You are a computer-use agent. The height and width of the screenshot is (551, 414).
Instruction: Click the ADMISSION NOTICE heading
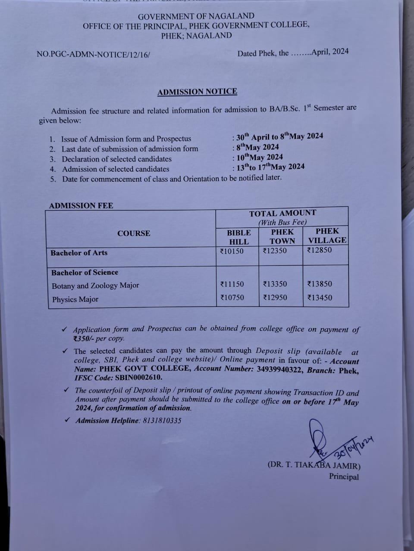(x=197, y=92)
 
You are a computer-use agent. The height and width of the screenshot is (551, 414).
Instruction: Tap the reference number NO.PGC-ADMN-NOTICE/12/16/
(x=94, y=55)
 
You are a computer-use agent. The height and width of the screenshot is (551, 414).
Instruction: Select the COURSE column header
(x=134, y=233)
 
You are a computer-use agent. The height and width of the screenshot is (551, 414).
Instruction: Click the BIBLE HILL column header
(x=238, y=237)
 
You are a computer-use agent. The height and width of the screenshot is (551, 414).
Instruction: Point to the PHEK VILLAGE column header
(x=327, y=235)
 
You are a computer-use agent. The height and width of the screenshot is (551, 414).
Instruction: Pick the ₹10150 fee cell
(x=232, y=251)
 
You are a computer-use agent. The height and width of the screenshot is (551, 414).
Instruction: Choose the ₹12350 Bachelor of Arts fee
(x=275, y=251)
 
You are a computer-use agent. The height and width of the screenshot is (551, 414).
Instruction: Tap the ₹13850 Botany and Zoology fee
(x=320, y=284)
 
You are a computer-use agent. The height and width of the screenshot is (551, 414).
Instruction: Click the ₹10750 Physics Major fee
(x=232, y=297)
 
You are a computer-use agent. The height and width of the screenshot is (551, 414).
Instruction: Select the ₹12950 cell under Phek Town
(x=275, y=297)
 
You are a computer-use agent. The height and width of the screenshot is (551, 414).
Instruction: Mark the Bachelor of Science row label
(x=85, y=272)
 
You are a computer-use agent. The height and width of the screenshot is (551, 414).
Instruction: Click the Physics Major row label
(x=75, y=300)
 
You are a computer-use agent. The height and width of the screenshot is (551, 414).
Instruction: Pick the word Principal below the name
(x=344, y=477)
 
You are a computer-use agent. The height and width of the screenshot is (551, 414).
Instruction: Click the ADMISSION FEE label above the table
(x=81, y=206)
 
